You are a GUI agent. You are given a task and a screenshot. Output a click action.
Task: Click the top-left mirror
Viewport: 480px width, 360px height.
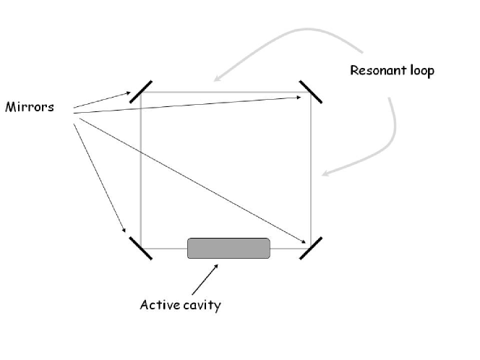[x=140, y=93]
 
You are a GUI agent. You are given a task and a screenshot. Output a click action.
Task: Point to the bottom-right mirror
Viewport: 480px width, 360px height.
[x=311, y=247]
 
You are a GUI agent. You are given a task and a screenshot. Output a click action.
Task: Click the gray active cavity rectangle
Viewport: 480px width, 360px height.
[x=228, y=248]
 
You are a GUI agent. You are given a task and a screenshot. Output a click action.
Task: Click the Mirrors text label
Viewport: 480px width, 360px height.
[x=29, y=108]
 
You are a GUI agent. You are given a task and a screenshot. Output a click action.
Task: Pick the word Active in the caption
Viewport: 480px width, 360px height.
[x=157, y=304]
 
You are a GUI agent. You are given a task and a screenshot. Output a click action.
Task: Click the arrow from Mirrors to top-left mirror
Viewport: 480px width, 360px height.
[x=101, y=100]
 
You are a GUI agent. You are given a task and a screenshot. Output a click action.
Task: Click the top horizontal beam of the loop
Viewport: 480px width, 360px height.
[x=224, y=93]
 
